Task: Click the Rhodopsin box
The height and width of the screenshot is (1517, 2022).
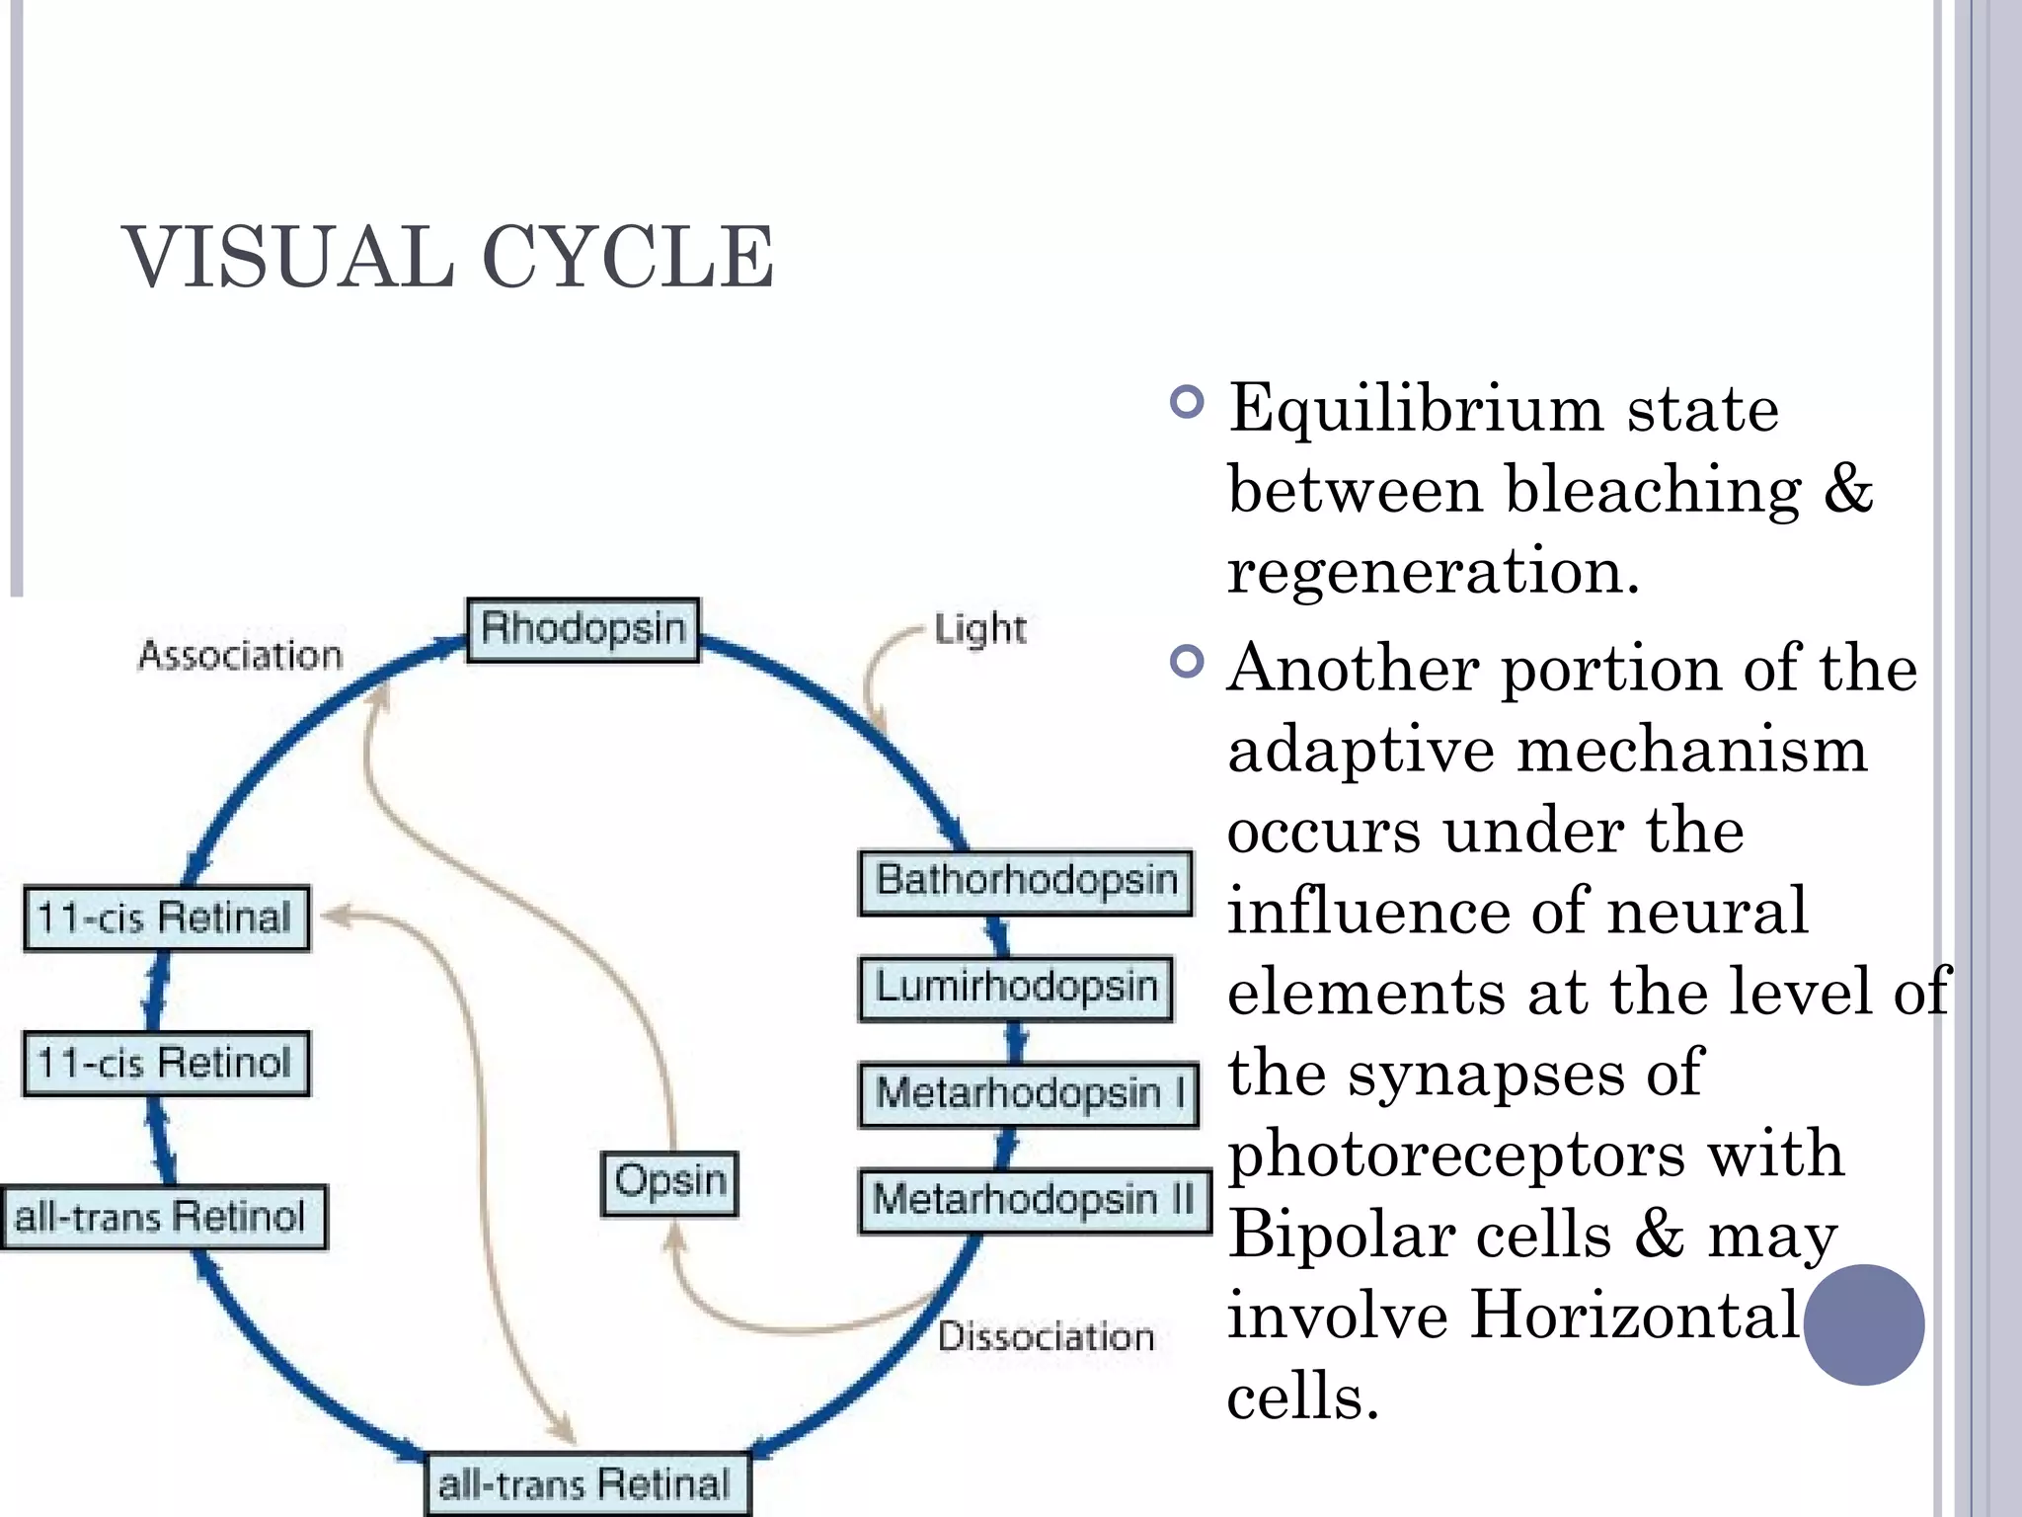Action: (583, 629)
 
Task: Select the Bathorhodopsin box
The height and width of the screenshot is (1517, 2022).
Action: (1026, 881)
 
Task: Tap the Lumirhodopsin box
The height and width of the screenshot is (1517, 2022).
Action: (1016, 988)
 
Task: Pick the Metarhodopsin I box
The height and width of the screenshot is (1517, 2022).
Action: (1029, 1094)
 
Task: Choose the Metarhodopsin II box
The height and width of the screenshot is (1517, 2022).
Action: (1034, 1201)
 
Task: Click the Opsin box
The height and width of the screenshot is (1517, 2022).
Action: (669, 1182)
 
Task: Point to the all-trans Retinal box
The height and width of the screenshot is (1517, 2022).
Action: (586, 1484)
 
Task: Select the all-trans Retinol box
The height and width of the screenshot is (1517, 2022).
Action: (163, 1217)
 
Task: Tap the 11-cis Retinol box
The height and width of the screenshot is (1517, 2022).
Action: (166, 1064)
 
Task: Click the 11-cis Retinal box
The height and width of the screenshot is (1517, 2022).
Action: (166, 918)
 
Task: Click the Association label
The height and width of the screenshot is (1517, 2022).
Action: (240, 656)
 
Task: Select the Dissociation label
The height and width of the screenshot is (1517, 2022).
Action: (1046, 1336)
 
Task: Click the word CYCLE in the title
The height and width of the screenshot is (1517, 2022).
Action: (628, 258)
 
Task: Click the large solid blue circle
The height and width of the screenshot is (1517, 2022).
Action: (1863, 1324)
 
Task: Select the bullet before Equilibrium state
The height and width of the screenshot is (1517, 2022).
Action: (1186, 402)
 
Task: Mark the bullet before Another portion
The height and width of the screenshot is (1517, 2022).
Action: (1186, 662)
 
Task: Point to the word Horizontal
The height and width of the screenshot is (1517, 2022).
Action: (1634, 1316)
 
